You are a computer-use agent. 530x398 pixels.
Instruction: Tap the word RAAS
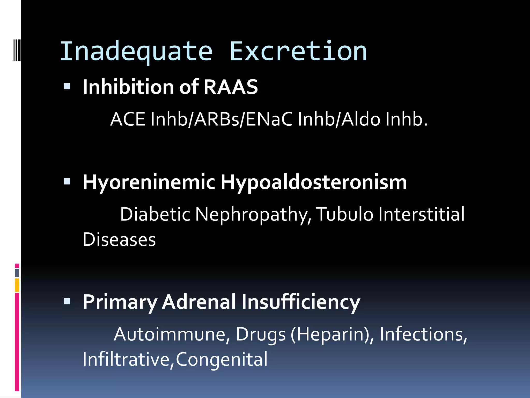231,87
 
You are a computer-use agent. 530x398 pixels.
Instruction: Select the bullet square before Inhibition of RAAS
67,86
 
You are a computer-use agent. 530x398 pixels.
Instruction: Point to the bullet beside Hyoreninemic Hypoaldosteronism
67,182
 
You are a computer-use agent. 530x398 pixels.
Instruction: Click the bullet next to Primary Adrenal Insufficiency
67,301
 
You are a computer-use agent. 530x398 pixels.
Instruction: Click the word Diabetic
155,215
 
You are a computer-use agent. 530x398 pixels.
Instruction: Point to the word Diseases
119,239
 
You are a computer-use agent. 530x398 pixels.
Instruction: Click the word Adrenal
199,302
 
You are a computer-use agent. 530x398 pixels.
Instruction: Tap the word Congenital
222,360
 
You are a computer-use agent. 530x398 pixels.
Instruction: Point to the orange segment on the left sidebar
17,285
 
